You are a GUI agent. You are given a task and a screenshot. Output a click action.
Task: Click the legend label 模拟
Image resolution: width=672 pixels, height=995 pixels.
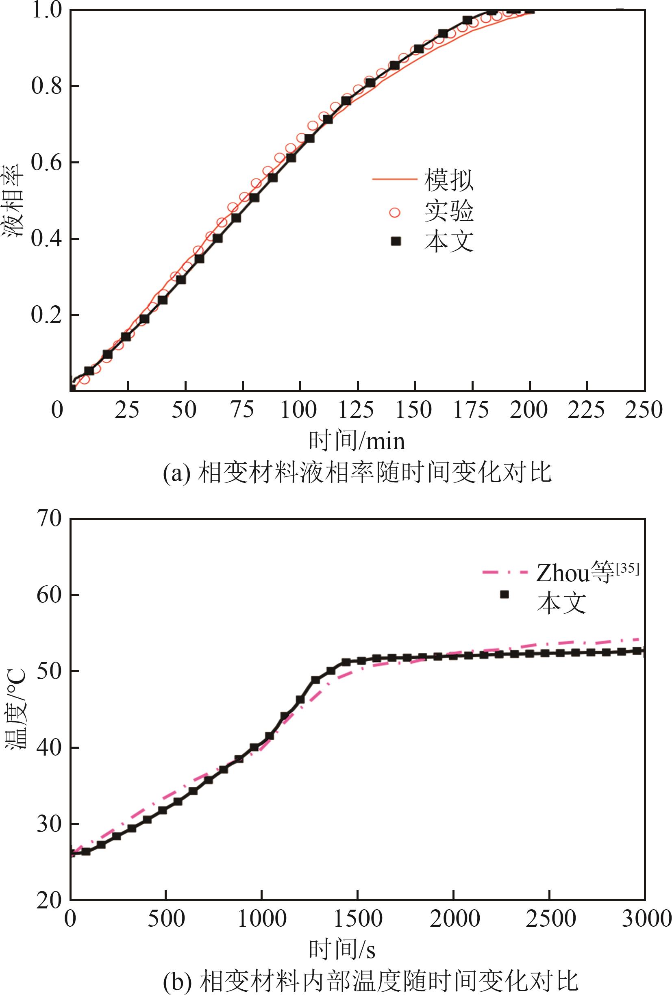(x=449, y=180)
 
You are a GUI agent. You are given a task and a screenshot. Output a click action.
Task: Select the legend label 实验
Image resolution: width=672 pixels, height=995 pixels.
(x=449, y=211)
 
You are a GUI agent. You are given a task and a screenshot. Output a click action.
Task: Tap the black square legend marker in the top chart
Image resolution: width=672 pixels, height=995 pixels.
(x=396, y=242)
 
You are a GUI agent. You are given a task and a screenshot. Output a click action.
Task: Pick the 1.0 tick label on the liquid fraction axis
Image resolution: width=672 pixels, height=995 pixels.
(x=46, y=10)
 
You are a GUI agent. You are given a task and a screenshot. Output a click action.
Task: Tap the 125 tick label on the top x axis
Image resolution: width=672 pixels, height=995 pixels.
(x=357, y=410)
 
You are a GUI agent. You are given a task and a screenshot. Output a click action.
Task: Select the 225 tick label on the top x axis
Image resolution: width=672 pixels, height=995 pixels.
(x=586, y=410)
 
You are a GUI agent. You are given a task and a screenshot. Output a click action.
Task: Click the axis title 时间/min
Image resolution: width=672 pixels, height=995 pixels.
(x=357, y=441)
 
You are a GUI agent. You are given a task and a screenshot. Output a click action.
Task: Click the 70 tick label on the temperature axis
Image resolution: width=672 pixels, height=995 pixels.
(x=49, y=519)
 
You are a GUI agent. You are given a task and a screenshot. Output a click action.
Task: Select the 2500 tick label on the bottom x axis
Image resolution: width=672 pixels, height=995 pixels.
(x=550, y=918)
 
